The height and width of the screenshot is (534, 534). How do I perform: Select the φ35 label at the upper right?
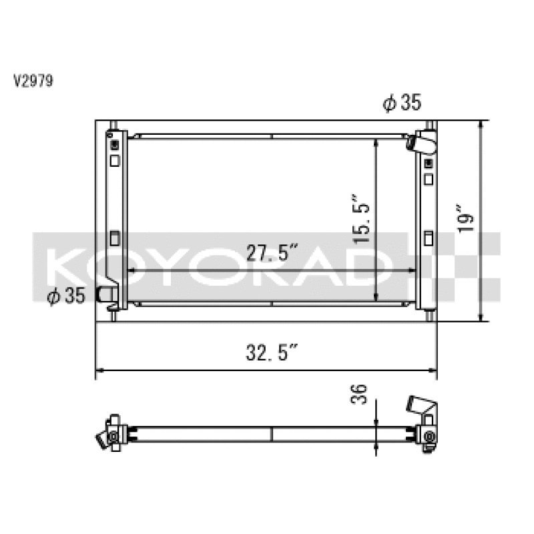(x=402, y=102)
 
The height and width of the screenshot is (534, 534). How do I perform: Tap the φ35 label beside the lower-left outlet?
(x=66, y=295)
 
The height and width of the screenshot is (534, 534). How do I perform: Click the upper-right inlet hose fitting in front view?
(x=423, y=143)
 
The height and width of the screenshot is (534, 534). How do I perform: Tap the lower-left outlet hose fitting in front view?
(x=106, y=294)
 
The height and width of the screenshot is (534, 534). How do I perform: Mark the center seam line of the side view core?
(x=272, y=433)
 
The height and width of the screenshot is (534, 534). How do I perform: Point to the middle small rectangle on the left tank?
(x=114, y=237)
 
